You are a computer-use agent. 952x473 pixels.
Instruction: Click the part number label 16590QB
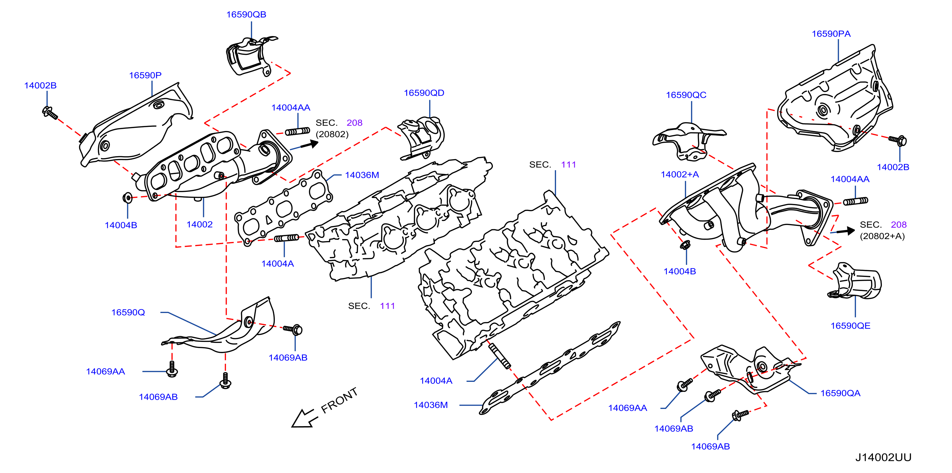[x=246, y=14]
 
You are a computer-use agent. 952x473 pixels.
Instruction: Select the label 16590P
[x=145, y=76]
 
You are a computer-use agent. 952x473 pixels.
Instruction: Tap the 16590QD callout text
[x=424, y=93]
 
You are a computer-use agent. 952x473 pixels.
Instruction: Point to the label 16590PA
[x=831, y=34]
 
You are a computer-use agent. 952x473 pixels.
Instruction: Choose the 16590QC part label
[x=686, y=95]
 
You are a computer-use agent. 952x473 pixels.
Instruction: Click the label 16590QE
[x=850, y=325]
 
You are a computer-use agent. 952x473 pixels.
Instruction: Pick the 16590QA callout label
[x=840, y=393]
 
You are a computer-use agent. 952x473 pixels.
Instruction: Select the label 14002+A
[x=680, y=174]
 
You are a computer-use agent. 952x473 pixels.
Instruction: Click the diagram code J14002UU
[x=883, y=457]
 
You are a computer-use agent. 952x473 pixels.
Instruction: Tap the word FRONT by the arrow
[x=339, y=400]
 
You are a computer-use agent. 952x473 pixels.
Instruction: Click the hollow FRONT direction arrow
[x=304, y=418]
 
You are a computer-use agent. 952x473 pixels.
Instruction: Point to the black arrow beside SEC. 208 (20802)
[x=309, y=144]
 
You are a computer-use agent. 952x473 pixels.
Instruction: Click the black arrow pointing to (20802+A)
[x=845, y=231]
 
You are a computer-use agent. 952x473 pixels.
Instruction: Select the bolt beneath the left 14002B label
[x=50, y=113]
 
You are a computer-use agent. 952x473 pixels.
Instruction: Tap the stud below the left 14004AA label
[x=297, y=131]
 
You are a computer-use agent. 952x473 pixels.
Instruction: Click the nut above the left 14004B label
[x=127, y=198]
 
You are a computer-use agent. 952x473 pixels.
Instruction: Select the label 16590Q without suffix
[x=128, y=313]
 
